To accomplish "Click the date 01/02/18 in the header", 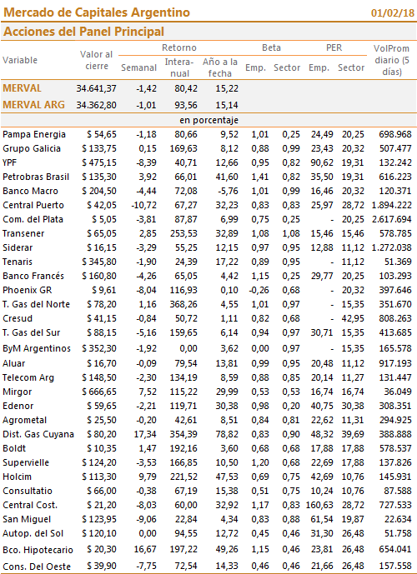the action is (x=393, y=12).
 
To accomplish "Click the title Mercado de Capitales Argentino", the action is (x=97, y=12).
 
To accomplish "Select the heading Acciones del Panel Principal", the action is (x=83, y=32).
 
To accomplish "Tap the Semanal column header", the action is (x=139, y=67).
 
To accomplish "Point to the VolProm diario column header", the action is (x=391, y=60).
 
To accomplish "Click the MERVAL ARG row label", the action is (x=33, y=105).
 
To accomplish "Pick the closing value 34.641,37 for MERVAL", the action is (x=97, y=88).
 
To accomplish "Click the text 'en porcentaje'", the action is (x=208, y=120).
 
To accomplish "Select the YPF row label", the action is (x=9, y=162).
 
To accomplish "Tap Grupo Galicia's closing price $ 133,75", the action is (x=99, y=148).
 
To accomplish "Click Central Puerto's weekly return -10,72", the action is (x=143, y=206).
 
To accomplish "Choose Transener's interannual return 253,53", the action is (x=183, y=233).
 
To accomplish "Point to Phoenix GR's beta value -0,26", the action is (x=259, y=290).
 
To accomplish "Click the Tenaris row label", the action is (x=18, y=262).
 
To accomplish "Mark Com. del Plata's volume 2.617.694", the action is (x=392, y=219).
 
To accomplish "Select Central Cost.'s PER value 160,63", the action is (x=319, y=505).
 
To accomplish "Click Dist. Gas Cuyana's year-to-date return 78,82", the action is (x=227, y=434).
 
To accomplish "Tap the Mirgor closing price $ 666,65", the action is (x=99, y=392).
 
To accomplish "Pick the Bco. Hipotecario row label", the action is (x=38, y=550).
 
